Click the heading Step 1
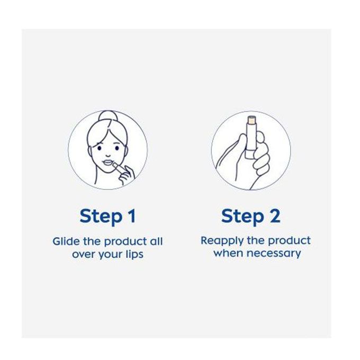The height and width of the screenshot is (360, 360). coord(107,217)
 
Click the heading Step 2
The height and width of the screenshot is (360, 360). coord(251,217)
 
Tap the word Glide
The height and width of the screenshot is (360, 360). coord(66,241)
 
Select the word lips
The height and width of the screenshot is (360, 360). coord(135,255)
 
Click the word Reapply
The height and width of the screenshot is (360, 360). coord(222,241)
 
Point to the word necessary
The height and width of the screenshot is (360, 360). coord(274,254)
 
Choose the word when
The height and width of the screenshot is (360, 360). coord(228,253)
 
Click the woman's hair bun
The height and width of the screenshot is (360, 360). coord(109,116)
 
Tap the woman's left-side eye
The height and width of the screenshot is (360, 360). coord(99,148)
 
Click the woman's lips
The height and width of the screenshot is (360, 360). coord(108,163)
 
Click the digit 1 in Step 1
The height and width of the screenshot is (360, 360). coord(132,216)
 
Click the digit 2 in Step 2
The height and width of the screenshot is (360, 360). coord(275,216)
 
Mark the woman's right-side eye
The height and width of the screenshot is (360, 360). coord(117,148)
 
